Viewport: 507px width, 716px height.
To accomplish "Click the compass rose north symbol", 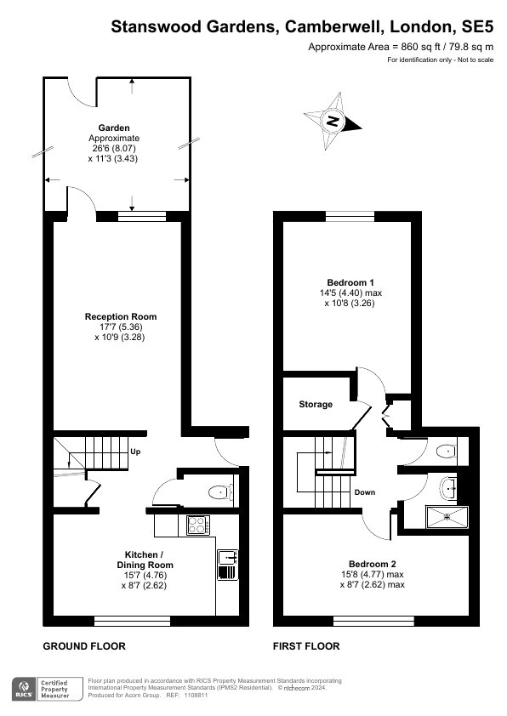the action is (333, 121).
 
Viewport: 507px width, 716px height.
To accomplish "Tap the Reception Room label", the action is (121, 316).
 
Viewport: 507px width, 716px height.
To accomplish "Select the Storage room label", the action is (316, 404).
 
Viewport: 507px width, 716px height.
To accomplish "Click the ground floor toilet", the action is (221, 492).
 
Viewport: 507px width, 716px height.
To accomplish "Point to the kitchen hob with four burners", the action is (198, 526).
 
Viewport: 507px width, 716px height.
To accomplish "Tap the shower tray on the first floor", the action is (447, 516).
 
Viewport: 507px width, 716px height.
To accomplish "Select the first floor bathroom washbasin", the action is (449, 488).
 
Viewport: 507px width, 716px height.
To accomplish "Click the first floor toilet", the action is (447, 452).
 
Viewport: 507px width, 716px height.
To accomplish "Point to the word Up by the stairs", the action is (135, 452).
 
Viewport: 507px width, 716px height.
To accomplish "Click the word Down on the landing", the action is (365, 492).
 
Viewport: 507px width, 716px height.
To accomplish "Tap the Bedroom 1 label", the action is (350, 282).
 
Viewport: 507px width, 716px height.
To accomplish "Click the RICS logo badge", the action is (23, 689).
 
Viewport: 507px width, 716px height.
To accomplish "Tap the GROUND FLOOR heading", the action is (84, 646).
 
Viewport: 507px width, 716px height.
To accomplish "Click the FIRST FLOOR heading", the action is (306, 646).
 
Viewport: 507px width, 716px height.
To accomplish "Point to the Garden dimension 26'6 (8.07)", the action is (113, 149).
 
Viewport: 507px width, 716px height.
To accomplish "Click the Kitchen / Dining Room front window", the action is (133, 621).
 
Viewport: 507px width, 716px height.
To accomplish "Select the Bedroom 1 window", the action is (350, 216).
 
